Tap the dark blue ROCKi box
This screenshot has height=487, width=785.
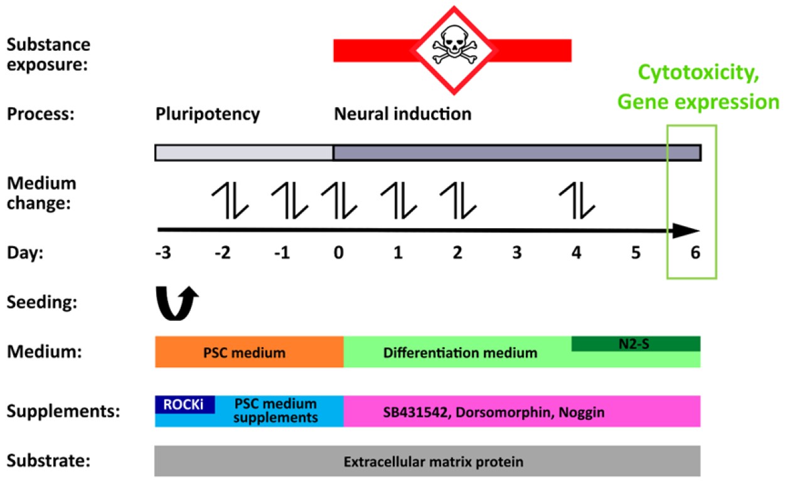tap(185, 404)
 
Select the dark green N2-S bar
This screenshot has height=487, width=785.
tap(636, 343)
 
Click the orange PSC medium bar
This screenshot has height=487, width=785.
tap(249, 352)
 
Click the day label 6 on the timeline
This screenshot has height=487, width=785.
tap(694, 254)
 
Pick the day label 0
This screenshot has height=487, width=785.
tap(339, 254)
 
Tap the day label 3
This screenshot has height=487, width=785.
tap(516, 254)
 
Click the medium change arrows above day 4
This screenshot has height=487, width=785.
tap(577, 201)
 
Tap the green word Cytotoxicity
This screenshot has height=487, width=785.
tap(699, 74)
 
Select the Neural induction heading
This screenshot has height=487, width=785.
tap(402, 115)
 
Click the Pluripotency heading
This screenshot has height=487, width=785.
tap(207, 115)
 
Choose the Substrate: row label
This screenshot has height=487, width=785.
tap(49, 462)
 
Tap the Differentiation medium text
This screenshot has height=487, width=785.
tap(460, 353)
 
